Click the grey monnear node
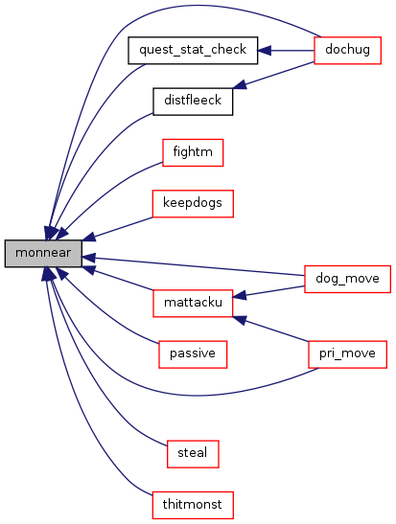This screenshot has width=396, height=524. click(x=43, y=253)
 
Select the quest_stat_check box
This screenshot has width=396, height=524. click(x=193, y=50)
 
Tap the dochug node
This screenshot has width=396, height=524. click(x=347, y=50)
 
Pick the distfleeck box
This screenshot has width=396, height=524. click(x=193, y=102)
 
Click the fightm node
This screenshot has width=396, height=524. click(x=193, y=152)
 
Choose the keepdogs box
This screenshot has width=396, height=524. click(x=193, y=203)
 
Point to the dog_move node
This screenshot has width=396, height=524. click(x=347, y=279)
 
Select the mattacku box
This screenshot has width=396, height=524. click(x=193, y=303)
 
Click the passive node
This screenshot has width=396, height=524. click(x=193, y=354)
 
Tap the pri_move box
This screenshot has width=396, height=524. click(x=347, y=354)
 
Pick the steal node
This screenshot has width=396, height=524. click(x=193, y=454)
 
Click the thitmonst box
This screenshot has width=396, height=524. click(x=193, y=505)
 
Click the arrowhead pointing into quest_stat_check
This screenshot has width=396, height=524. click(x=264, y=51)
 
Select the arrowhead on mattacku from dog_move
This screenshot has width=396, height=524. click(x=239, y=296)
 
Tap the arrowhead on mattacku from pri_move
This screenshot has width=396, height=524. click(x=240, y=320)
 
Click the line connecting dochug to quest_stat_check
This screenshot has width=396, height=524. click(x=292, y=51)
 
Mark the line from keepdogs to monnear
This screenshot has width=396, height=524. click(x=123, y=227)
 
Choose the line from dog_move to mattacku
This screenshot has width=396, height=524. click(x=275, y=291)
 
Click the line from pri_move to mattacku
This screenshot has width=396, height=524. click(x=277, y=330)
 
